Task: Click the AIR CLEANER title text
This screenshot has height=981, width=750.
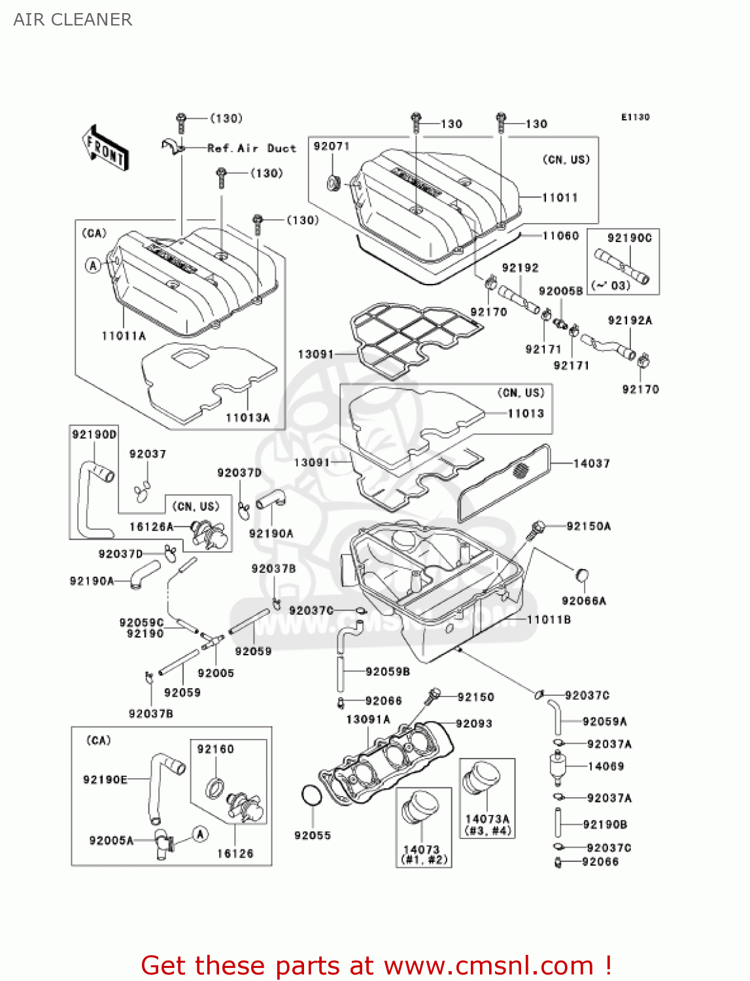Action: tap(73, 20)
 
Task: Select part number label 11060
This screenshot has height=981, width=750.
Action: tap(560, 235)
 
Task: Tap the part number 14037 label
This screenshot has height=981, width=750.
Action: tap(592, 464)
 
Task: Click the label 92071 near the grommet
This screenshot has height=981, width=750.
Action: tap(332, 146)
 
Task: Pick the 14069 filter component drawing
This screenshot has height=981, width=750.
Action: tap(557, 767)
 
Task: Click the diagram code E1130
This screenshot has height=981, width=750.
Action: tap(635, 117)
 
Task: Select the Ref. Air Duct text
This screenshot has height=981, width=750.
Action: tap(252, 148)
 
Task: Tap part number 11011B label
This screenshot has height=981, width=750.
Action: tap(549, 619)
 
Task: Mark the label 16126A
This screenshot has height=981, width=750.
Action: tap(151, 526)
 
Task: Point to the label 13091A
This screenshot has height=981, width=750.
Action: tap(368, 719)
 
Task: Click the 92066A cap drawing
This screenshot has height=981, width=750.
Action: tap(582, 576)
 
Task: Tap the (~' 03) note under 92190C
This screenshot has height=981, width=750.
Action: tap(611, 285)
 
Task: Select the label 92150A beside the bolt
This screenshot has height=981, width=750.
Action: tap(588, 526)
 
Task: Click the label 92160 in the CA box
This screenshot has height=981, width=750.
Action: tap(215, 749)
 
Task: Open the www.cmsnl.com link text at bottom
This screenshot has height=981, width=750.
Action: tap(488, 965)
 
